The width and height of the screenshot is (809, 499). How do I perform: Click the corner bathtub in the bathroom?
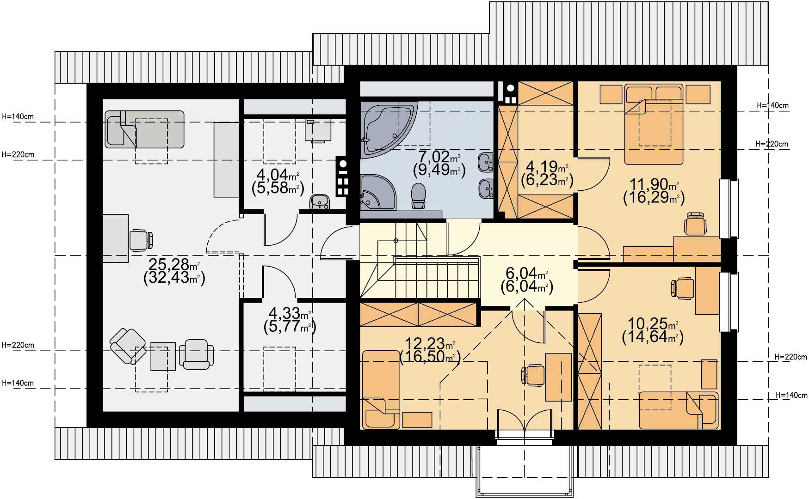click(x=384, y=127)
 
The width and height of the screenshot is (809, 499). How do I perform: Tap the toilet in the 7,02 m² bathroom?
click(x=419, y=196)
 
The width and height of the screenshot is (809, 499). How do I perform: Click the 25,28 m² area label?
click(x=174, y=271)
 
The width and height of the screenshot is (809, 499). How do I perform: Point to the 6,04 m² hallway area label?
click(x=527, y=280)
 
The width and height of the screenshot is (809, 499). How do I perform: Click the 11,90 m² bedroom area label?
click(x=654, y=191)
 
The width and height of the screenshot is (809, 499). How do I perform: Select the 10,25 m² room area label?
click(x=653, y=330)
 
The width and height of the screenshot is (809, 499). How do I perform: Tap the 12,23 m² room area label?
click(x=430, y=350)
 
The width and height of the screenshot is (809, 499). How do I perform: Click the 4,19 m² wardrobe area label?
click(x=547, y=173)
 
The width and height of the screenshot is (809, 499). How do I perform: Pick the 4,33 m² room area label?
click(x=290, y=320)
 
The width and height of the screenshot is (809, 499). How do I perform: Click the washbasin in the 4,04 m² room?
click(x=320, y=202)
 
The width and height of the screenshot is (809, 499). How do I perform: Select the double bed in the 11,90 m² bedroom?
click(x=654, y=124)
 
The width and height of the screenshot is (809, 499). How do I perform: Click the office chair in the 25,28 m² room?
click(x=141, y=240)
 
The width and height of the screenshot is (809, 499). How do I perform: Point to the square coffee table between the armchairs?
click(x=163, y=356)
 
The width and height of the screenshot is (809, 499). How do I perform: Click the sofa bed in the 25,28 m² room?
click(x=144, y=129)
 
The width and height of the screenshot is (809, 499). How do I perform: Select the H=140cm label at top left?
click(x=18, y=117)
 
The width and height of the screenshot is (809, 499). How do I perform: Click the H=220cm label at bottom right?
click(x=791, y=357)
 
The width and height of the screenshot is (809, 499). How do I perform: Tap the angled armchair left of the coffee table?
click(x=128, y=347)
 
